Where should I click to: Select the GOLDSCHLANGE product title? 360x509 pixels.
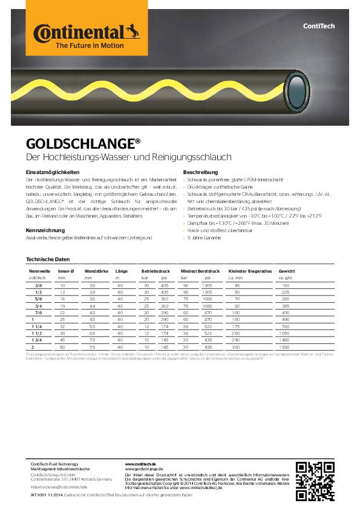(83, 144)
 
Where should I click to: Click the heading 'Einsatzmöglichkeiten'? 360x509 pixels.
(53, 173)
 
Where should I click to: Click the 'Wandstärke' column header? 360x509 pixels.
(97, 271)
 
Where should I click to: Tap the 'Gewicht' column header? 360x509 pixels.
(287, 271)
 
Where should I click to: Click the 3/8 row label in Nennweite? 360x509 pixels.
(38, 285)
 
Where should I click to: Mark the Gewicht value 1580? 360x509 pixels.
(286, 348)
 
